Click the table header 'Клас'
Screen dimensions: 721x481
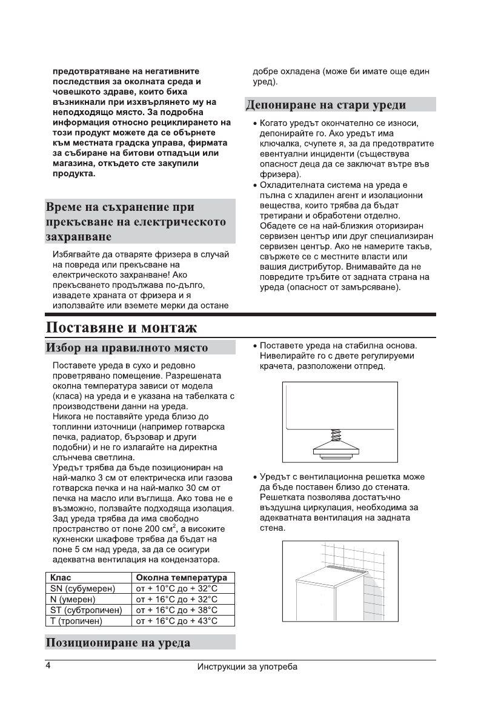point(61,577)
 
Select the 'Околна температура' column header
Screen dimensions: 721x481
point(182,577)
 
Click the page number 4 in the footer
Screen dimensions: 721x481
point(48,666)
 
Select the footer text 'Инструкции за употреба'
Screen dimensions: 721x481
point(247,667)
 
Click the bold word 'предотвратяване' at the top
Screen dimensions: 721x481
point(91,71)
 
